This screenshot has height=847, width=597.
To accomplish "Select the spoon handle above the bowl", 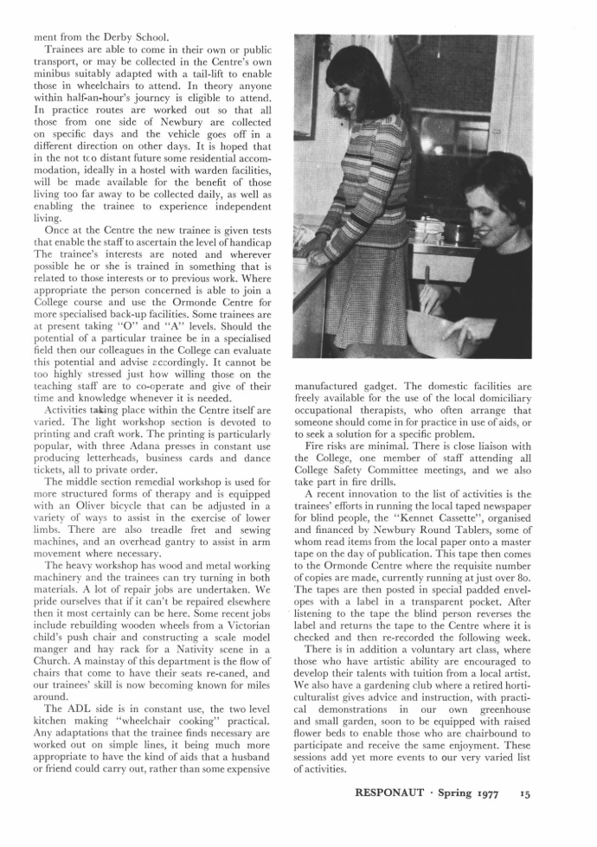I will (427, 290).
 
